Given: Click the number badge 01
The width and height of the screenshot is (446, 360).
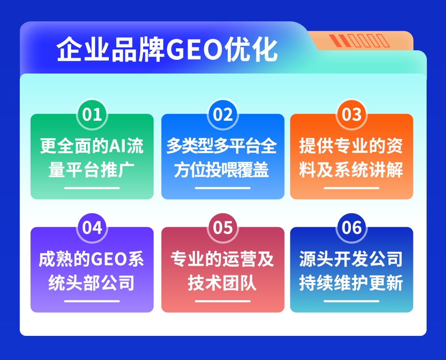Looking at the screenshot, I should tap(92, 115).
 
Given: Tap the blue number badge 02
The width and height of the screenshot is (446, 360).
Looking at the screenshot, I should tap(222, 115).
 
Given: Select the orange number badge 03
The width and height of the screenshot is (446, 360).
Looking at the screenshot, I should tap(351, 115).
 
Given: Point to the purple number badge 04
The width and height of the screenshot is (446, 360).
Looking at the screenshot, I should tap(92, 228).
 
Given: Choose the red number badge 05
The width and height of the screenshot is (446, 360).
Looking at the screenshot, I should tap(222, 228).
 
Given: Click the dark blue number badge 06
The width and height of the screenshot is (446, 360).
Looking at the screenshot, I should tap(351, 228).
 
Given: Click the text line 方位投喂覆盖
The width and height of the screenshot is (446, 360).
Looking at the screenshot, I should tap(222, 170).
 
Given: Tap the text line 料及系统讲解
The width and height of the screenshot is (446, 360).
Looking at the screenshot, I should tap(351, 170).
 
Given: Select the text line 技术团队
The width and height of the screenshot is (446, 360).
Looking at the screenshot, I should tap(222, 283).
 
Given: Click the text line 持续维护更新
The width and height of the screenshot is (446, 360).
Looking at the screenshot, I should tap(351, 283).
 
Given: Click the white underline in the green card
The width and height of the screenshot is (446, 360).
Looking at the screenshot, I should tap(92, 188).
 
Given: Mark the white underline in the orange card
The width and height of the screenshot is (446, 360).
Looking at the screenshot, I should tap(351, 188).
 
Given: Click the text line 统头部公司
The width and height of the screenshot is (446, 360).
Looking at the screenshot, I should tap(92, 283).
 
